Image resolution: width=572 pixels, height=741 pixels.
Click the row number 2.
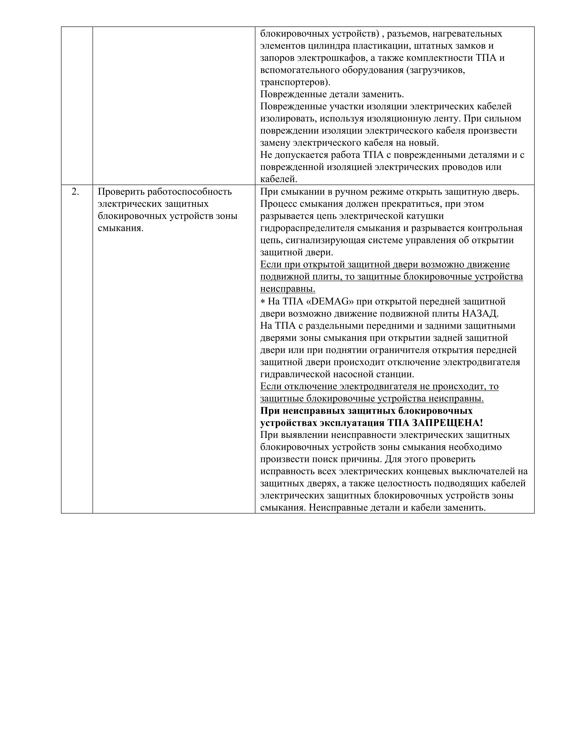tap(75, 192)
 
